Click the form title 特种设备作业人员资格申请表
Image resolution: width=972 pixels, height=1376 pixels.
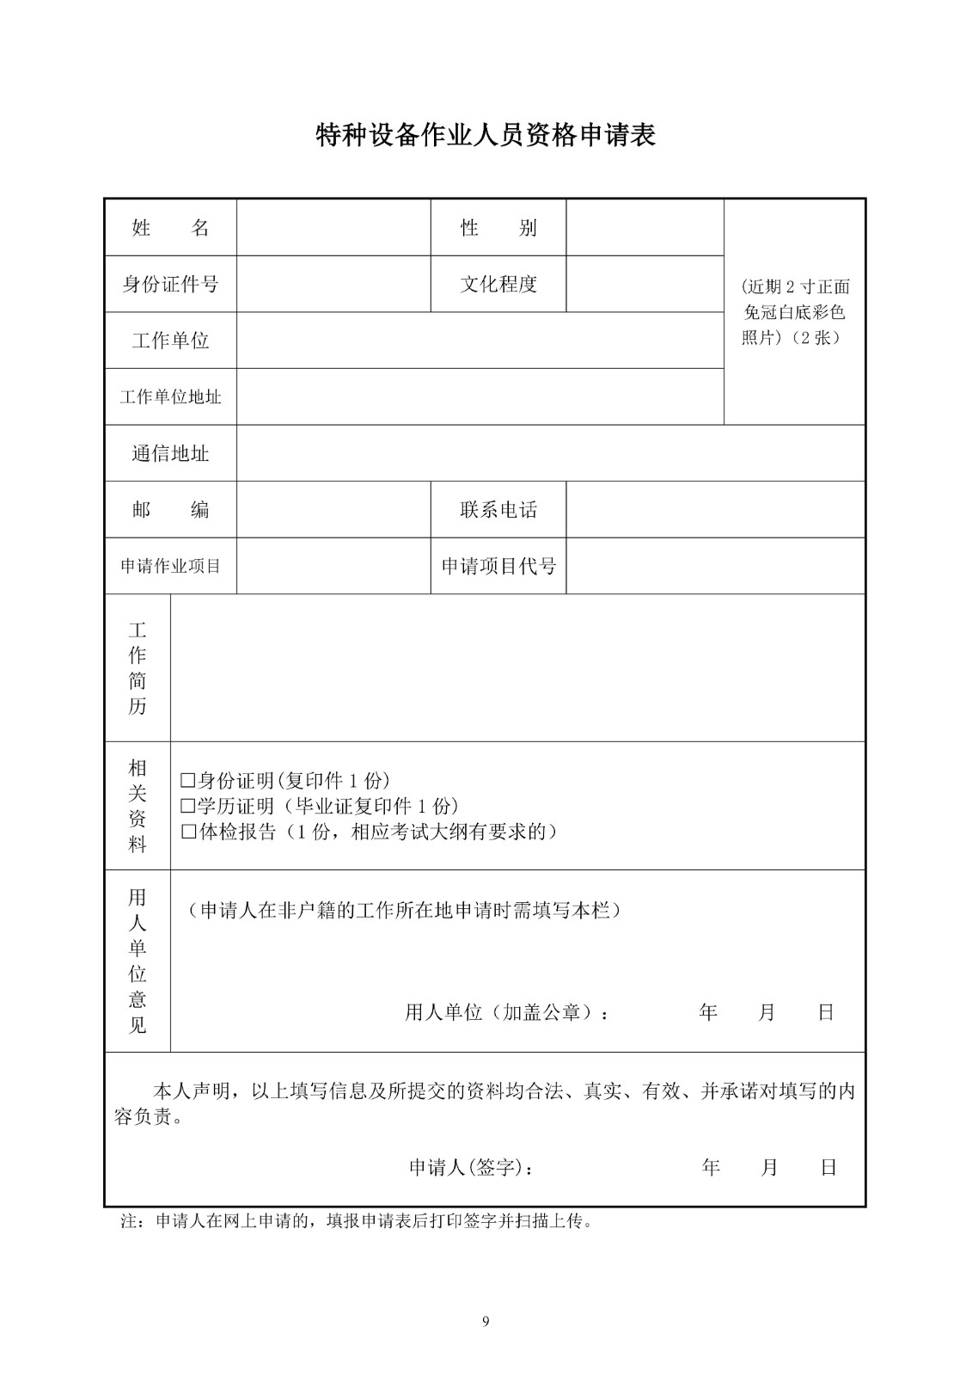point(486,136)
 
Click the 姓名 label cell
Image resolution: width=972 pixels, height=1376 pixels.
point(170,228)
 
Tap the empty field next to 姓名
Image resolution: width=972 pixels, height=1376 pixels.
point(333,228)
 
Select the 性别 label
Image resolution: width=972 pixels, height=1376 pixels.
point(498,228)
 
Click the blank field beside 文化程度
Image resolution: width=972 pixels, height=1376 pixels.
point(645,284)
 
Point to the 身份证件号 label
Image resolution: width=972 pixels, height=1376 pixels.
point(170,284)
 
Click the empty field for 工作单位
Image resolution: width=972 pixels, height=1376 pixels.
point(480,341)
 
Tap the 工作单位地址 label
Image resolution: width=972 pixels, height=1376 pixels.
point(170,397)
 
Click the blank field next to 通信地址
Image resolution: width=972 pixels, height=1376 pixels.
point(550,453)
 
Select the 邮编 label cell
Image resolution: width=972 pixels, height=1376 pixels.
point(170,510)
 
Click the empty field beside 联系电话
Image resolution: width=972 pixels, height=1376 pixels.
point(715,510)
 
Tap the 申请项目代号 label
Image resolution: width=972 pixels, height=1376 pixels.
point(498,567)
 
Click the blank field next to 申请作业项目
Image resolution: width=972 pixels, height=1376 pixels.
point(333,567)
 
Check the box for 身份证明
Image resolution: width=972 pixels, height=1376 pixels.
point(188,781)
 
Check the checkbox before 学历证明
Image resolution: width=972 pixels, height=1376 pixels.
point(188,807)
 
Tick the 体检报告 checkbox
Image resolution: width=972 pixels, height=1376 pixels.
point(188,832)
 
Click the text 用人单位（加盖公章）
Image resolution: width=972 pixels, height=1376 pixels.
point(507,1013)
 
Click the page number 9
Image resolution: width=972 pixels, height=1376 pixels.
point(486,1322)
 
